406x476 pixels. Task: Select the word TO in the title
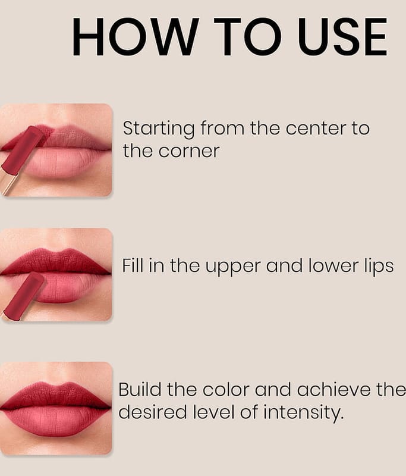click(x=246, y=36)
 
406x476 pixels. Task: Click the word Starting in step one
click(x=158, y=129)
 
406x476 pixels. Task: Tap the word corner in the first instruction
click(x=188, y=152)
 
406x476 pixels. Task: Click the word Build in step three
click(x=140, y=389)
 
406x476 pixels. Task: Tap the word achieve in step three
click(x=333, y=389)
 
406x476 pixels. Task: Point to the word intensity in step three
click(x=304, y=413)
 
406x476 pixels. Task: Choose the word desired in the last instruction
click(x=152, y=412)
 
